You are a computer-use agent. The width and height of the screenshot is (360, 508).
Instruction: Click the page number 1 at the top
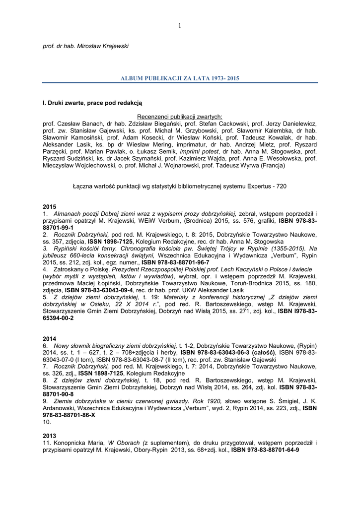(180, 26)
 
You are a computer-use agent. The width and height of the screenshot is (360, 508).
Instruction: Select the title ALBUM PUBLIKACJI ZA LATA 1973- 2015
(180, 78)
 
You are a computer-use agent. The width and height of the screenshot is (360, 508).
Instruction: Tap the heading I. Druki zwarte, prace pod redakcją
(92, 102)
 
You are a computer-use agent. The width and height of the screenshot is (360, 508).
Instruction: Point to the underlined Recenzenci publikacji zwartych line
(179, 116)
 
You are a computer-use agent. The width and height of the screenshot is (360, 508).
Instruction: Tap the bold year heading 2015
(49, 205)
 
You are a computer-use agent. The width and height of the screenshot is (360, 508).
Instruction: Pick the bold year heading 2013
(49, 435)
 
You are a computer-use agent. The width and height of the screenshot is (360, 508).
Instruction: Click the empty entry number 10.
(47, 422)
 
